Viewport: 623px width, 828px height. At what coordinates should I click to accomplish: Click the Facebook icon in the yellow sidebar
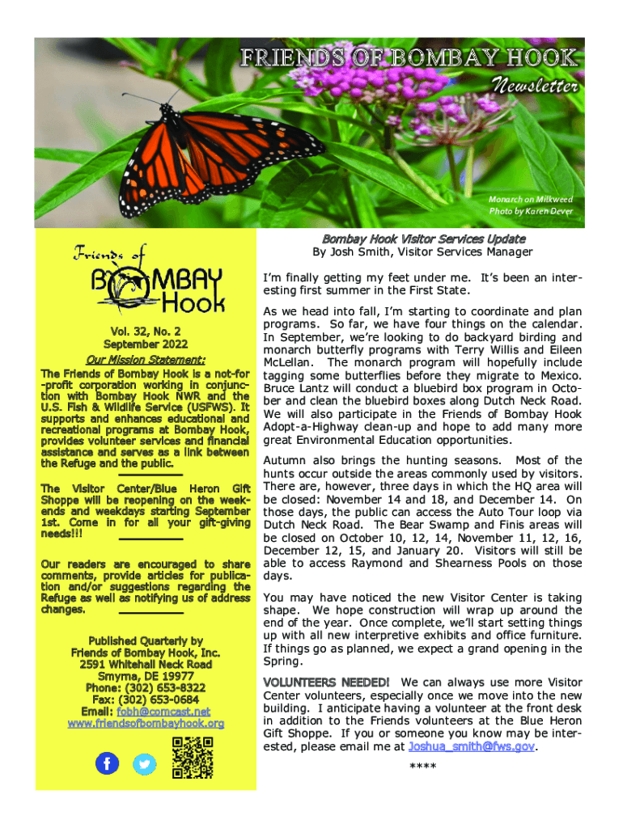pos(107,763)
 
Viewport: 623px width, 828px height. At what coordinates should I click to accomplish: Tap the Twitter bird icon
pos(145,763)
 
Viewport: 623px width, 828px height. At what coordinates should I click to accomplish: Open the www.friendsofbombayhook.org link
pos(146,723)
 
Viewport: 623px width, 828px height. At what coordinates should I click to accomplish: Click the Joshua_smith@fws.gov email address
pos(473,746)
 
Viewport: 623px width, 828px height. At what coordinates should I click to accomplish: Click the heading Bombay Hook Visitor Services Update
pos(423,239)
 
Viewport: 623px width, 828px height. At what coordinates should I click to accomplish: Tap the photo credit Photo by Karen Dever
pos(530,212)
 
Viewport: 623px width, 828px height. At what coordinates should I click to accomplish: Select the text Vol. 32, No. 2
pos(146,331)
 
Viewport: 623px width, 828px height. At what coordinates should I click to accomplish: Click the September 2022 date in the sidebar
pos(146,345)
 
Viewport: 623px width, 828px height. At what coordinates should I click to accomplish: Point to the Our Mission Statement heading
pos(146,360)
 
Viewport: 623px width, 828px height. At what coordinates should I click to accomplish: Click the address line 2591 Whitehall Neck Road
pos(146,664)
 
